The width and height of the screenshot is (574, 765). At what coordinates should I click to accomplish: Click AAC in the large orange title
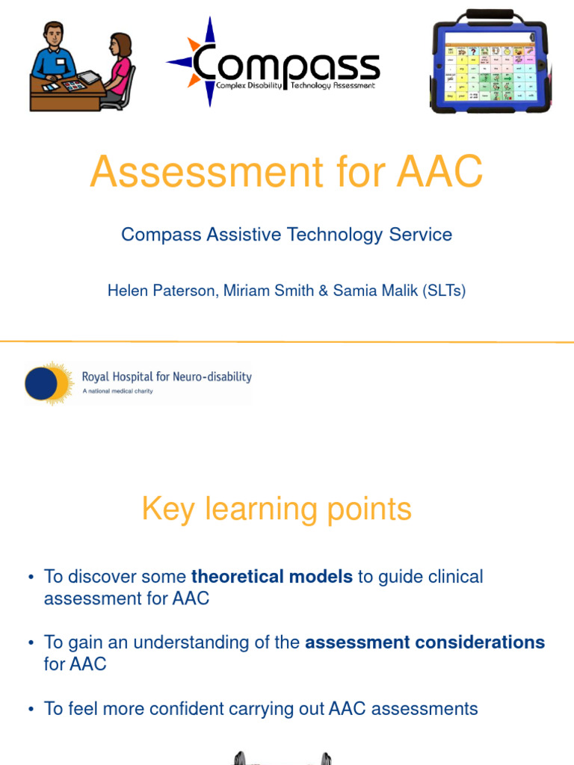tap(440, 172)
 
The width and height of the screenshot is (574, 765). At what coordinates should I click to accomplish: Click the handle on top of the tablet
tap(490, 14)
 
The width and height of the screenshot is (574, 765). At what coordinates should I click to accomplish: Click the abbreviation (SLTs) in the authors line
tap(444, 291)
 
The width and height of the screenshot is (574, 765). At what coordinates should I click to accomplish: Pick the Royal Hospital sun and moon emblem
tap(48, 383)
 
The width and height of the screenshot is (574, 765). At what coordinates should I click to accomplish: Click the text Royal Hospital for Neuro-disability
tap(167, 377)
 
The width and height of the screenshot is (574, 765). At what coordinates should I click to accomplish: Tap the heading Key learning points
tap(277, 510)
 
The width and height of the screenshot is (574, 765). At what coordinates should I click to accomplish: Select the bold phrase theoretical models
tap(272, 577)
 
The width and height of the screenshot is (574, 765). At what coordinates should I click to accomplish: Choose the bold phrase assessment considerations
tap(425, 642)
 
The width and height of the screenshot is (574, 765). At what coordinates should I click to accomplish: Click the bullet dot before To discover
tap(31, 577)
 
